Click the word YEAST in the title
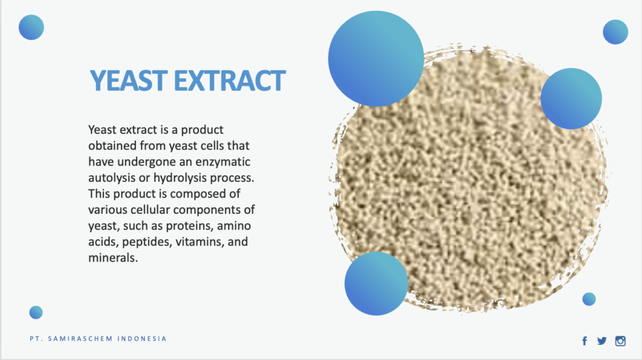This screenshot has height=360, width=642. [x=127, y=81]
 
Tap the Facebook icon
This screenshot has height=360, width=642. [x=584, y=341]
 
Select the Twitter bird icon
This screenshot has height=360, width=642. [x=602, y=341]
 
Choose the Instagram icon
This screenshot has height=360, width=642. [x=620, y=341]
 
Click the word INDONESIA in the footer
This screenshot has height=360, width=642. [x=142, y=339]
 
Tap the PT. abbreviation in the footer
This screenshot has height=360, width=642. [x=36, y=339]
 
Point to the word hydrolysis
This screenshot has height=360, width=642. [x=177, y=177]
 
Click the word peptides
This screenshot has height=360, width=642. [x=147, y=241]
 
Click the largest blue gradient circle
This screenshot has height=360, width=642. [x=376, y=58]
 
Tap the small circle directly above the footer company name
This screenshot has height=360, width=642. [x=36, y=312]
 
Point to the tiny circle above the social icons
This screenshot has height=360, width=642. [x=589, y=299]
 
